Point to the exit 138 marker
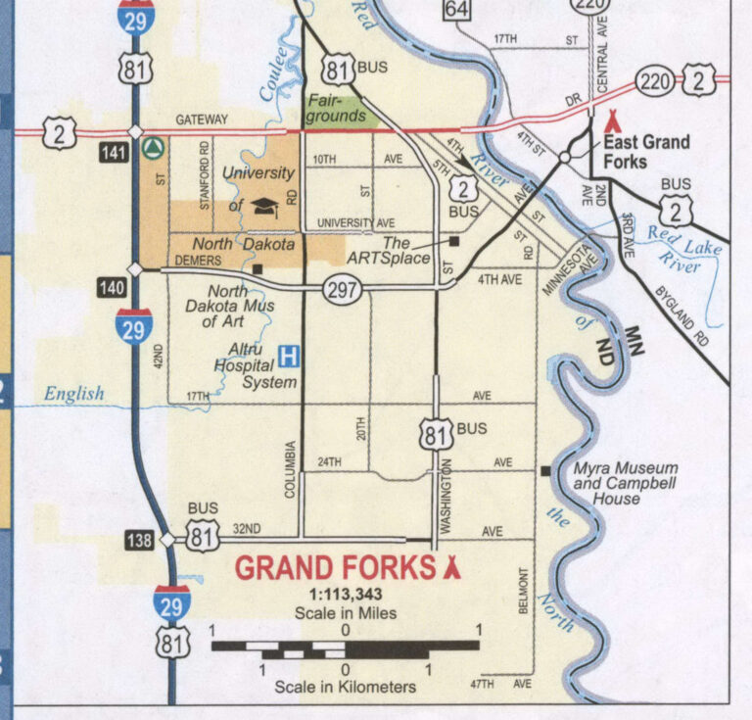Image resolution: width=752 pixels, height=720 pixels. click(x=140, y=540)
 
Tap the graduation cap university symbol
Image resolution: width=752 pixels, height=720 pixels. click(x=263, y=205)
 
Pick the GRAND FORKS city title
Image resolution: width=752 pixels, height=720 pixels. click(x=334, y=568)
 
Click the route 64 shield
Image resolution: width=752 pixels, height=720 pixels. click(x=456, y=9)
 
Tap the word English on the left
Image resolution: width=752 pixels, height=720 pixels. click(x=73, y=394)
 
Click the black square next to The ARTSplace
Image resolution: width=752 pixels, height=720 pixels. click(x=454, y=239)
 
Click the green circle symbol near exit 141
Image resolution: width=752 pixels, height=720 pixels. click(x=152, y=148)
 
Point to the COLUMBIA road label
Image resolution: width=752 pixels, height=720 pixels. click(x=291, y=470)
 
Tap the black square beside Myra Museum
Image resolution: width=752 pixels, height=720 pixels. click(x=545, y=472)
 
